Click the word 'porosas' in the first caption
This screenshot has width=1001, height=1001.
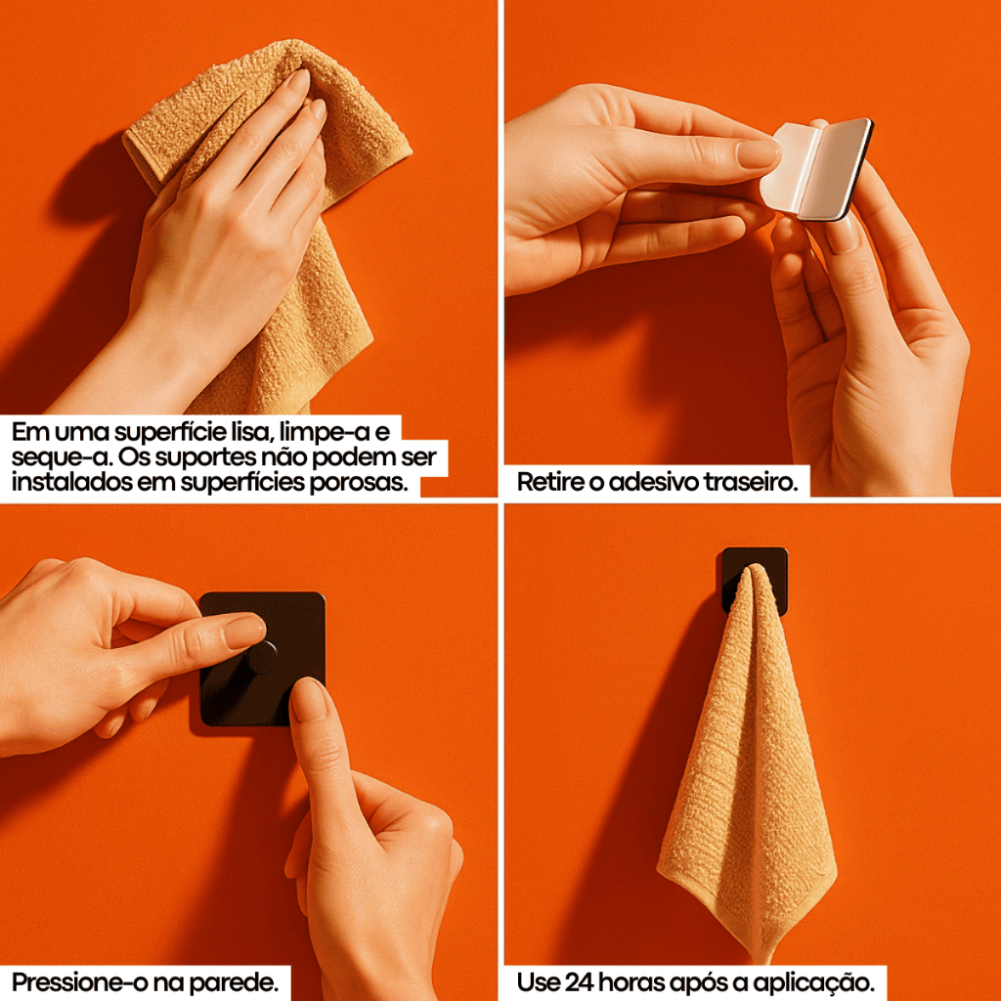(358, 482)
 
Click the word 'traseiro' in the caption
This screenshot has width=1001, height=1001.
(750, 482)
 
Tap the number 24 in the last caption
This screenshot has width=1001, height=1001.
(580, 982)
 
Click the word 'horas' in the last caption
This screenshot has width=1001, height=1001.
(629, 982)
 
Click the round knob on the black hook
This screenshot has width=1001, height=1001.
(262, 658)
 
